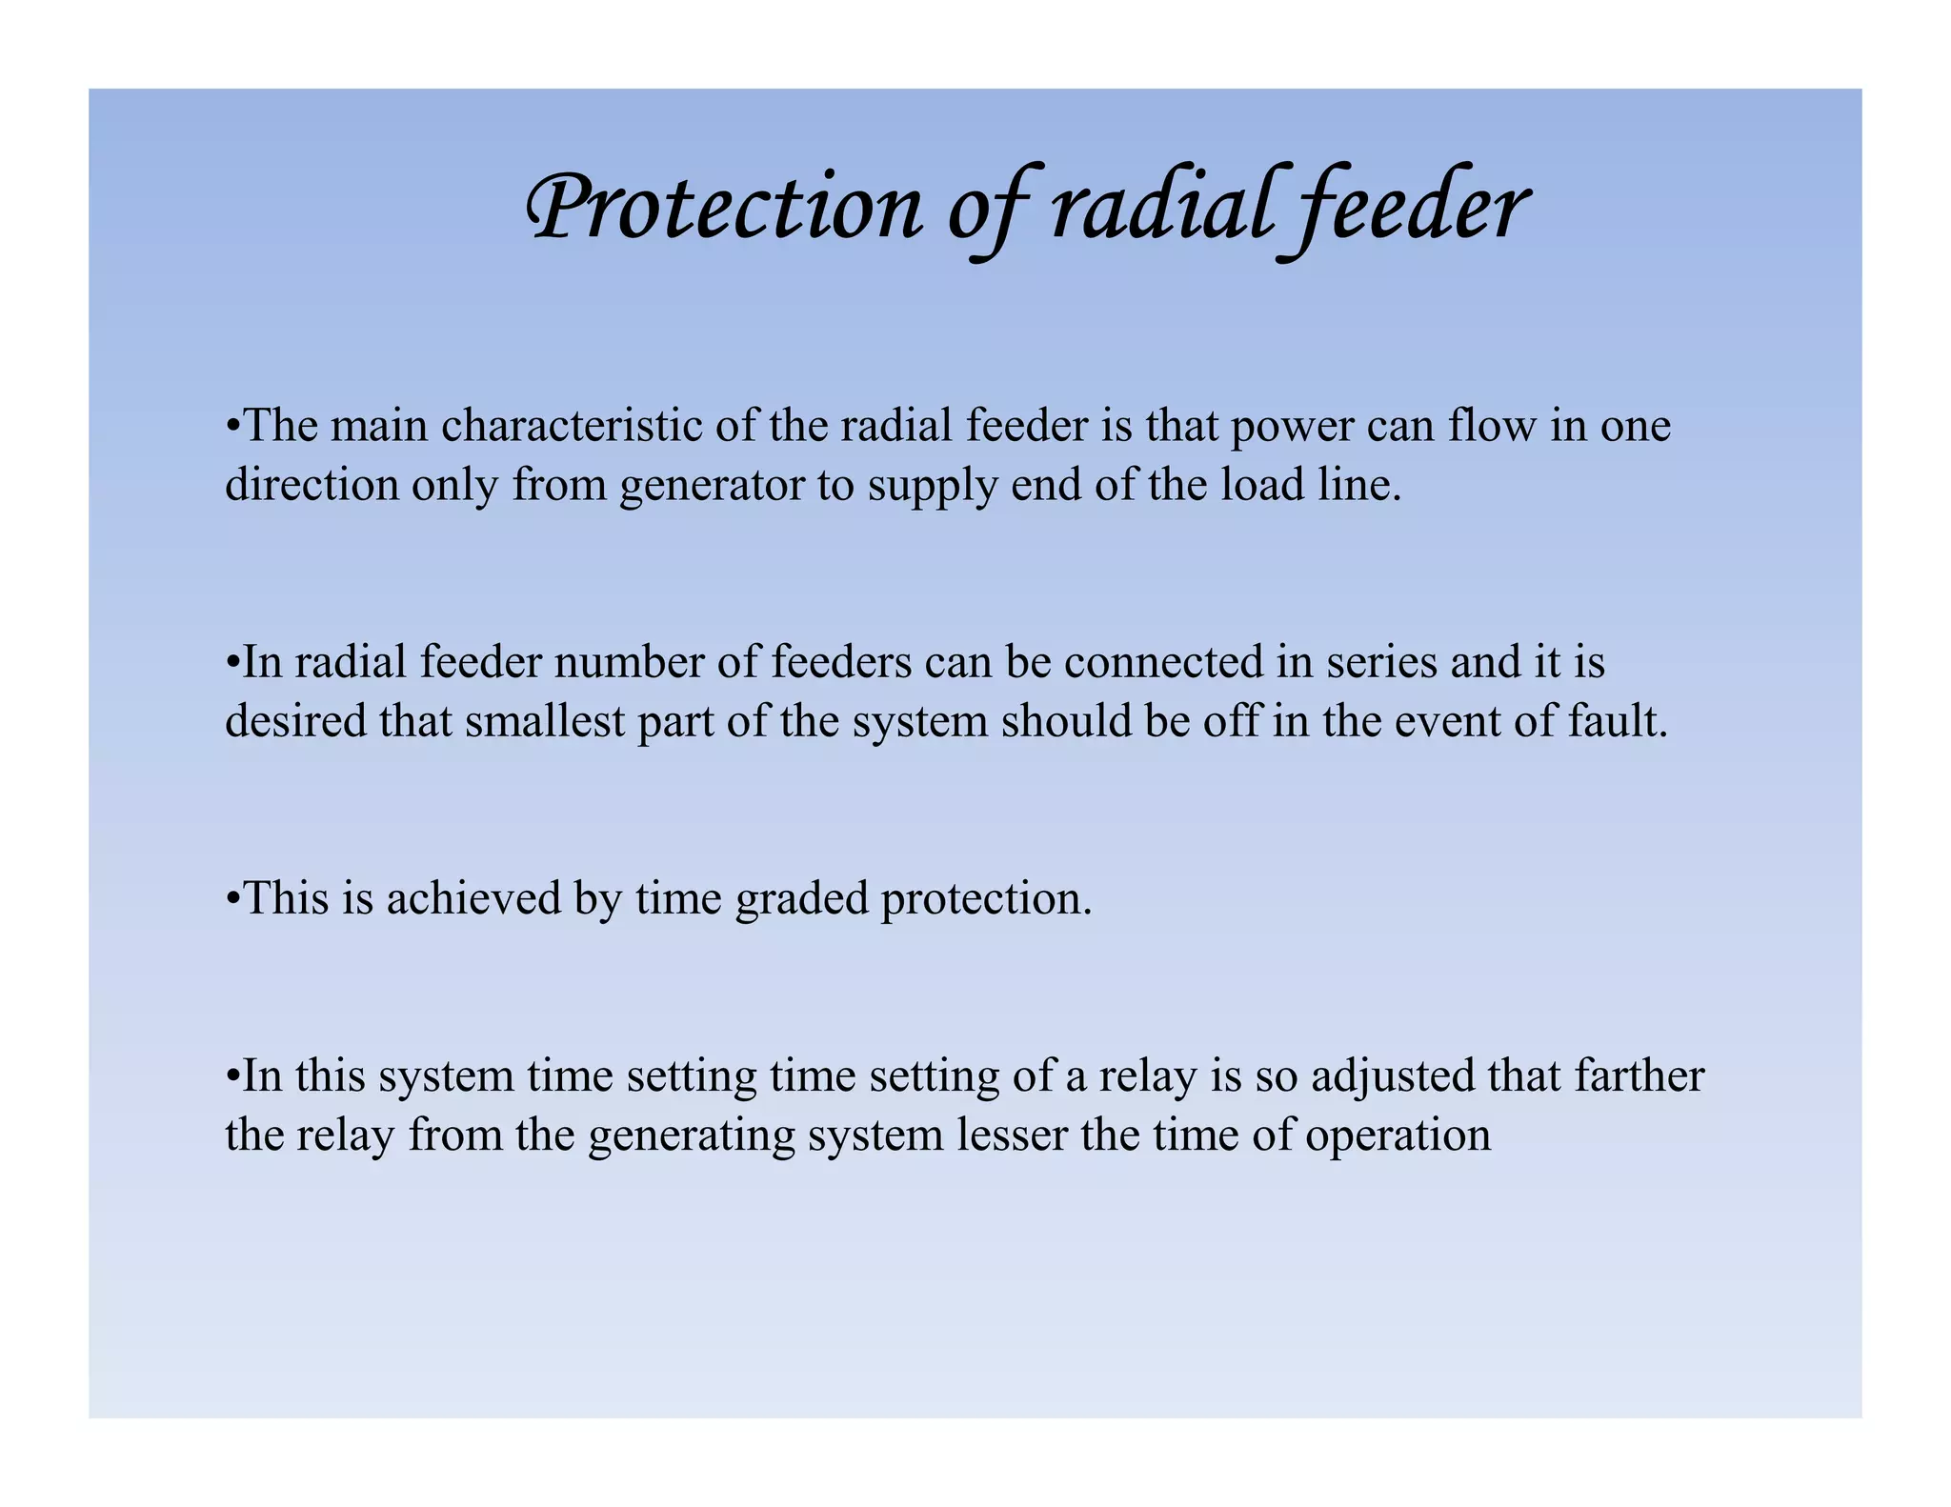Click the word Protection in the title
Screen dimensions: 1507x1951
coord(724,208)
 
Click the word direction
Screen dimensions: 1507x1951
coord(312,485)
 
